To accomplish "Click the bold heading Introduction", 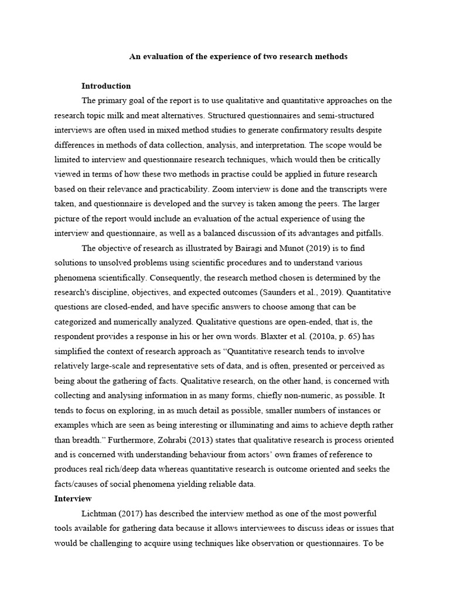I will [106, 86].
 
